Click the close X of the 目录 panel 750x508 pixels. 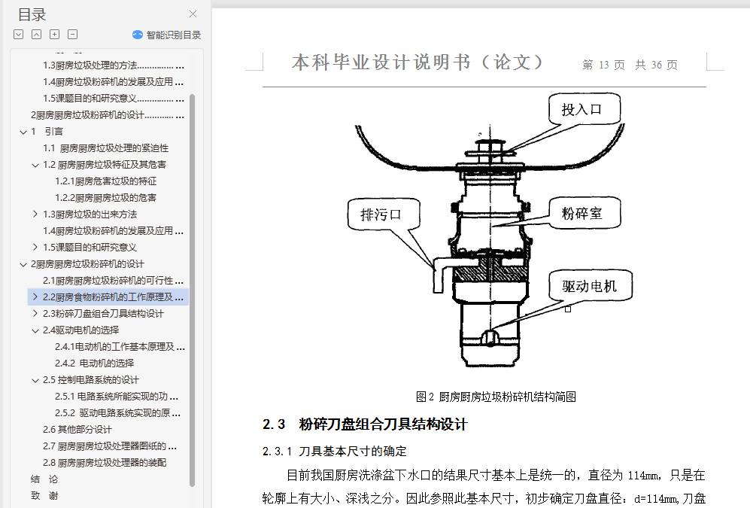point(193,14)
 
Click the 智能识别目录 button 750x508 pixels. point(166,35)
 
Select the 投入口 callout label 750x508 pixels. point(581,110)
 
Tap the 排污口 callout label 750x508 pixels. point(381,214)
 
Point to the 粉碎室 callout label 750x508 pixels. point(581,213)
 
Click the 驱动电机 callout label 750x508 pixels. point(589,287)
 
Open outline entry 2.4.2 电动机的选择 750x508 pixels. point(94,363)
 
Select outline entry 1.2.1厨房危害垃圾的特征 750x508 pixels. point(106,181)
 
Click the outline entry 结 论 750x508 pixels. point(44,479)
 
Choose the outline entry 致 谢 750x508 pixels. point(44,496)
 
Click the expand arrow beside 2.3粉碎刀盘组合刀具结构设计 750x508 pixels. point(35,313)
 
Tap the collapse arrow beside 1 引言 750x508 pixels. point(23,132)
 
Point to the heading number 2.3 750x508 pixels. point(274,424)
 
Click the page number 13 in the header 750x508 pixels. point(603,65)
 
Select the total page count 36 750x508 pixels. point(656,65)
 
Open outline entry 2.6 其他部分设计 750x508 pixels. point(77,430)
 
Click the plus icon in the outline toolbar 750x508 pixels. point(54,35)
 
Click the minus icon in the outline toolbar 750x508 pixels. point(73,35)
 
